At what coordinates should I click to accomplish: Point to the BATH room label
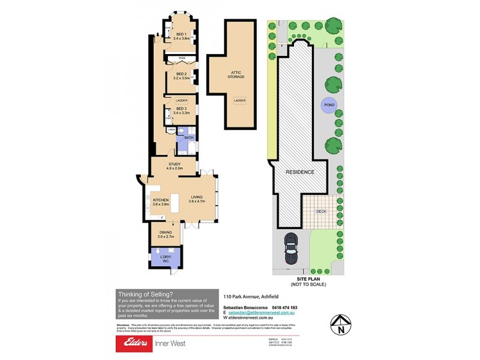188,138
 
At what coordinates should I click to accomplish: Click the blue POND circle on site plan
329,104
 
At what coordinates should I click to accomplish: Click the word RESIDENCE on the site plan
299,172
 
